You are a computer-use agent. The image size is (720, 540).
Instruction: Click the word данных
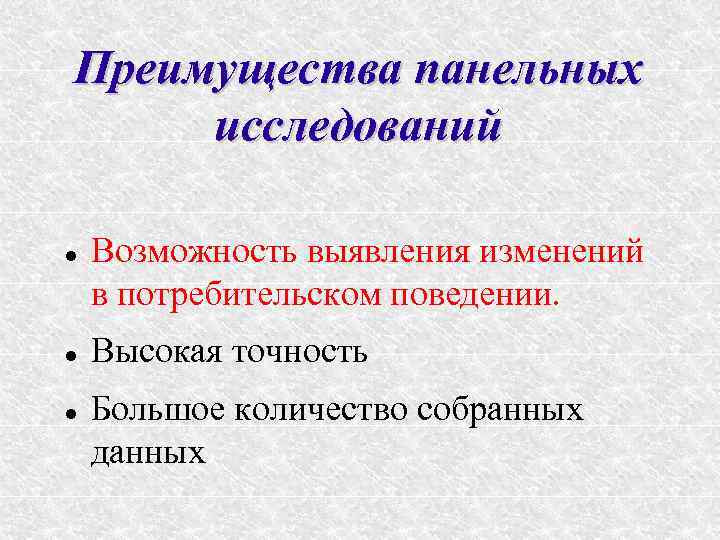[x=147, y=452]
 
